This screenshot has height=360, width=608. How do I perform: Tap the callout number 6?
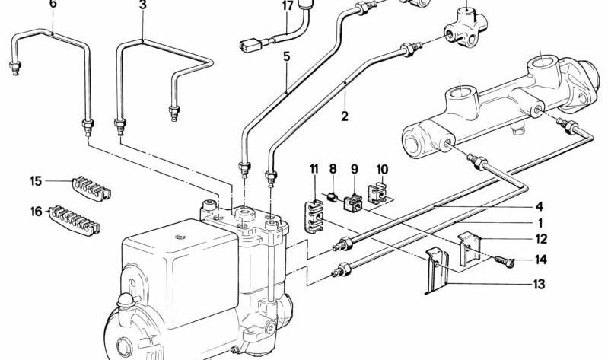click(53, 4)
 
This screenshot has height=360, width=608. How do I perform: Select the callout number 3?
click(142, 4)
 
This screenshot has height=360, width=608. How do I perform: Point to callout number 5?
click(286, 56)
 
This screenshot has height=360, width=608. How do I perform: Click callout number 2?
click(345, 116)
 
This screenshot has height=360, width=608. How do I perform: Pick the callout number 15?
click(36, 181)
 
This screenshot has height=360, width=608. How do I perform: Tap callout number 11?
click(313, 168)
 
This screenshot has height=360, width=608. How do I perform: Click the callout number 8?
click(333, 168)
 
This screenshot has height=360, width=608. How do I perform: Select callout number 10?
click(381, 168)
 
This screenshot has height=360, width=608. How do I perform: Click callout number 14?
click(540, 260)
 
